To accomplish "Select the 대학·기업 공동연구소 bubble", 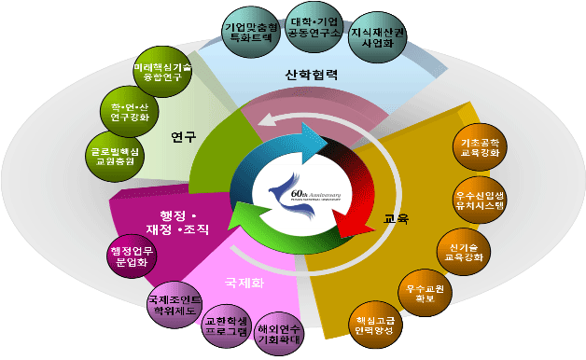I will pyautogui.click(x=314, y=33).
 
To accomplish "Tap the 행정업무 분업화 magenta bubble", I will pyautogui.click(x=133, y=256).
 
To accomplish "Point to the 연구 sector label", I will pyautogui.click(x=184, y=137).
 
